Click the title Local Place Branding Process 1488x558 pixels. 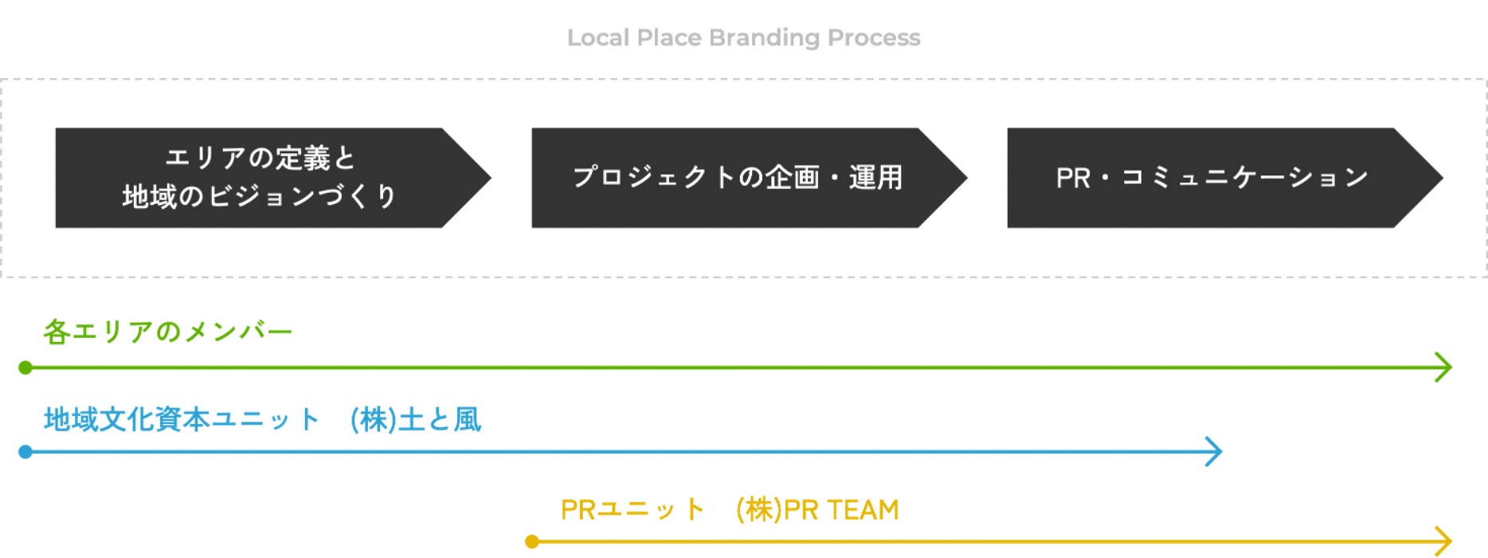pyautogui.click(x=743, y=37)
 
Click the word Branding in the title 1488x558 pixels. pyautogui.click(x=764, y=38)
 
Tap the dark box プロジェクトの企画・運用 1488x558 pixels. pyautogui.click(x=750, y=178)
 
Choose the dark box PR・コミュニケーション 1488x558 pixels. pyautogui.click(x=1225, y=178)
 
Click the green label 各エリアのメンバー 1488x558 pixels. pyautogui.click(x=168, y=332)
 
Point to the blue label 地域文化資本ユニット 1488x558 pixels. pyautogui.click(x=182, y=420)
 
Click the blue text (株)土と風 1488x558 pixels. pyautogui.click(x=416, y=420)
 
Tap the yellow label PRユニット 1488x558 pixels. pyautogui.click(x=632, y=509)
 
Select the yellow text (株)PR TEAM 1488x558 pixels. pyautogui.click(x=817, y=509)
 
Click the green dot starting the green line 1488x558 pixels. pyautogui.click(x=25, y=367)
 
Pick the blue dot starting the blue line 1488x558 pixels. pyautogui.click(x=25, y=452)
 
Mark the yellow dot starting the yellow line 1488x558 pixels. pyautogui.click(x=532, y=542)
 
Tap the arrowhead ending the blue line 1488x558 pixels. pyautogui.click(x=1215, y=452)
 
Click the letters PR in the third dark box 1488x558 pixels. pyautogui.click(x=1073, y=178)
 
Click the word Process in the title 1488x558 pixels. pyautogui.click(x=874, y=37)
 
